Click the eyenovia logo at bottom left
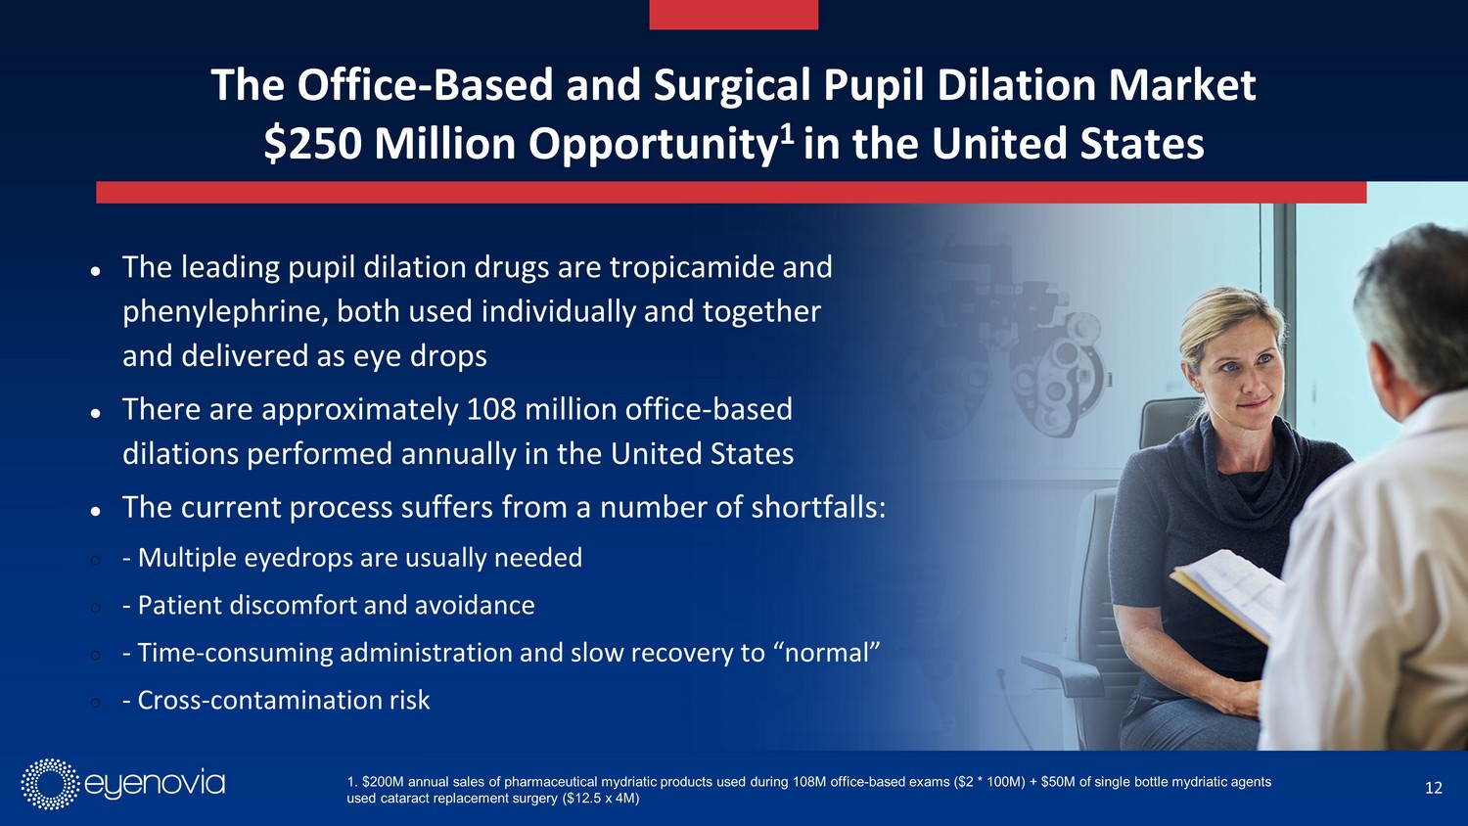point(123,784)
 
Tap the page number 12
point(1434,787)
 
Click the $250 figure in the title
point(312,144)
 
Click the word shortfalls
point(818,507)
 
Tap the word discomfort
point(293,605)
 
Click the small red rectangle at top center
point(733,15)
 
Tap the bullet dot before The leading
point(95,270)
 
